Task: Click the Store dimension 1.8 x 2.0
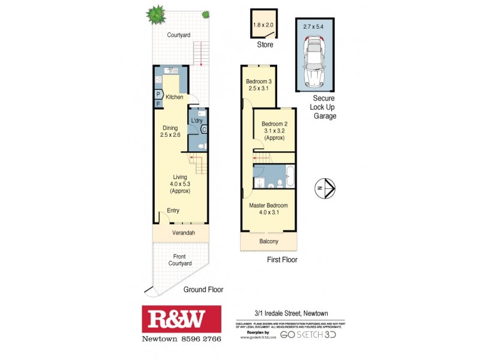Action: point(263,25)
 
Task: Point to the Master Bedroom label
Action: point(268,206)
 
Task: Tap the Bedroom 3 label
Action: point(259,82)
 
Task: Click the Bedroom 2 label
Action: point(275,125)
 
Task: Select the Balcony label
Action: point(268,241)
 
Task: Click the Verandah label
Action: point(181,232)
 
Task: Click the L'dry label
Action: point(197,121)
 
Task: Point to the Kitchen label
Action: point(175,97)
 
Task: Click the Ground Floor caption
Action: point(203,289)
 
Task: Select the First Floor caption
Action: point(282,260)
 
